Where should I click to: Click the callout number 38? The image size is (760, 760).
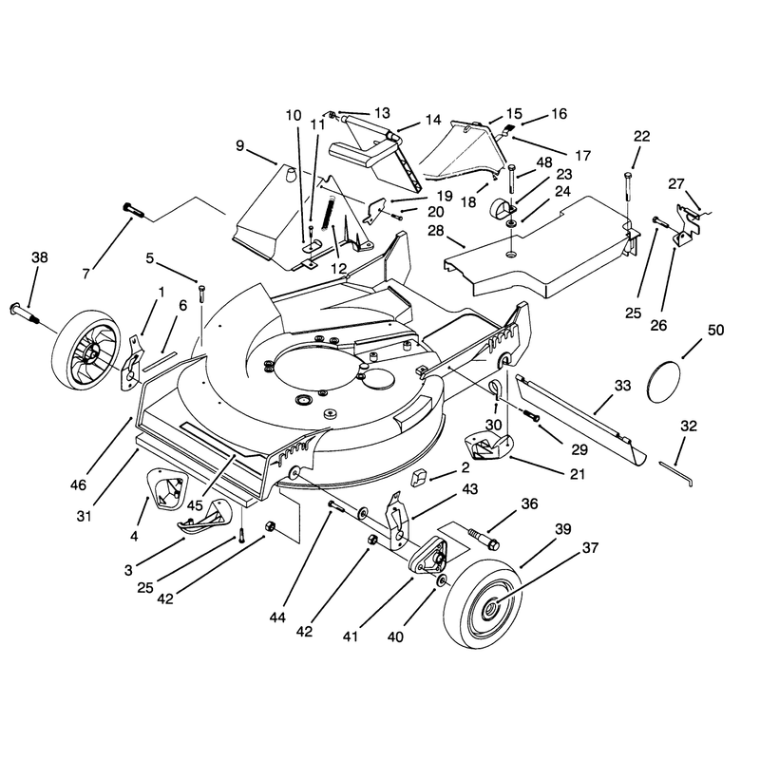coord(40,256)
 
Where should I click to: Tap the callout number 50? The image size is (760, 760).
coord(715,330)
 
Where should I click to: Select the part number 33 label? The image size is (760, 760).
coord(623,386)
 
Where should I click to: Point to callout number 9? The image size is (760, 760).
coord(240,145)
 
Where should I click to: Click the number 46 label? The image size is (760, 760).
coord(78,484)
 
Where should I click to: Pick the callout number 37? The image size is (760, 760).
coord(590,548)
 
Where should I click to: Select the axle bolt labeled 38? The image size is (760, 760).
coord(25,314)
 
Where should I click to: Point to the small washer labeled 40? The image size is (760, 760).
coord(442,580)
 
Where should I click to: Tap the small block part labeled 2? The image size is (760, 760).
coord(418,478)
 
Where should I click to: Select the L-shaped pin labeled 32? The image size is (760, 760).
coord(676,473)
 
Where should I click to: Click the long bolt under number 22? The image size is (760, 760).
coord(629,185)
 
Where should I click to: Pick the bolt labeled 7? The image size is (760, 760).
coord(133,210)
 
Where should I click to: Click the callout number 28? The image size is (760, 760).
coord(436,230)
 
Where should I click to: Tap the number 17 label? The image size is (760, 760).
coord(583,155)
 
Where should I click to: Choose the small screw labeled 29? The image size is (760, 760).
coord(532,415)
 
